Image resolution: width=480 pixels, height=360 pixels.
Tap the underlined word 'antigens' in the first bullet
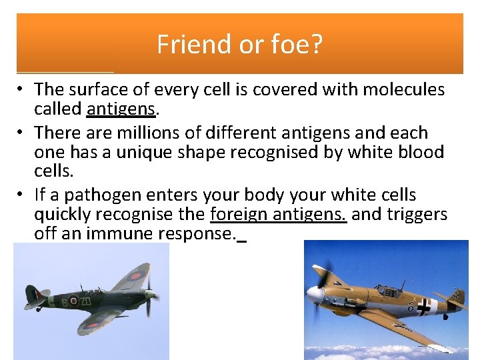121,108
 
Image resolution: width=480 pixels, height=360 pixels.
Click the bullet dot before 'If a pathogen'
22,195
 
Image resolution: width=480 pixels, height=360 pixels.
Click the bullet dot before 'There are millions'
22,133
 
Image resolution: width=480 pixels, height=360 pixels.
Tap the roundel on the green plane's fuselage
73,301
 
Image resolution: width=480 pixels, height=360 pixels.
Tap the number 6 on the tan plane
411,307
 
